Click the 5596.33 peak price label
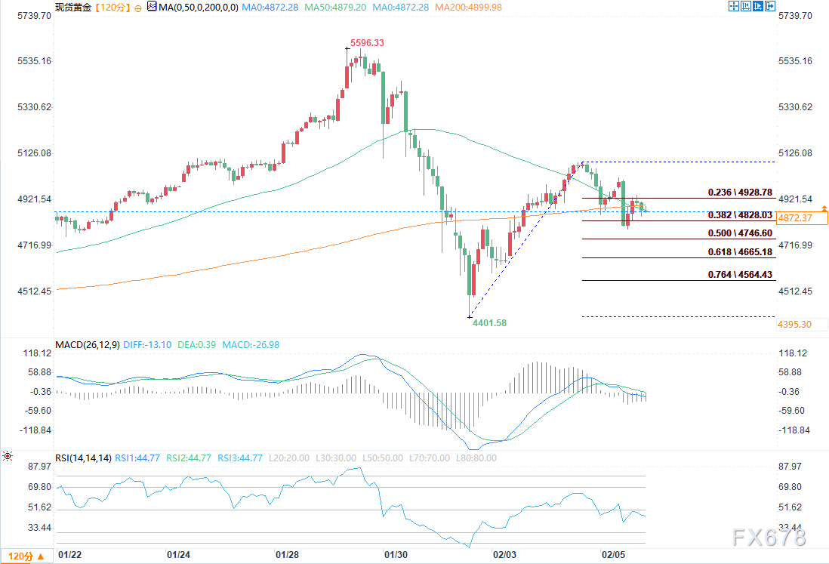coord(367,43)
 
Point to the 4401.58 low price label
coord(489,323)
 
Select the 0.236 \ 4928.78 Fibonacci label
coord(740,193)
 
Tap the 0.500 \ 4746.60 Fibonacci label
coord(740,233)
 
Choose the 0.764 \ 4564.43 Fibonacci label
coord(740,275)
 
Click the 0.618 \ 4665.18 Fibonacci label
coord(740,252)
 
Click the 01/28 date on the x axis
coord(287,554)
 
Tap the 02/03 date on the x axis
coord(504,554)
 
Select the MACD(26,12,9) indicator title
coord(86,345)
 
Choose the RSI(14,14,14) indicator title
coord(83,458)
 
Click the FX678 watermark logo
coord(769,537)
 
